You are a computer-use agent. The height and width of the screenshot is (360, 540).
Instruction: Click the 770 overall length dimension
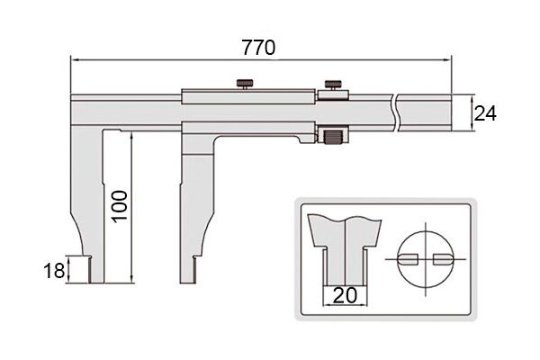click(x=258, y=48)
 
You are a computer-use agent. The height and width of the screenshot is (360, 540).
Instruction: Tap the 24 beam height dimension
click(x=485, y=113)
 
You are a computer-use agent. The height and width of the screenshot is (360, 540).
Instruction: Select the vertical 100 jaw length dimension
click(x=121, y=206)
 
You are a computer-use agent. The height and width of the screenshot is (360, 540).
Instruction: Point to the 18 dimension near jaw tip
click(x=54, y=270)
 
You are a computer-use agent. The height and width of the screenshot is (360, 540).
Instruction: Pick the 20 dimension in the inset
click(x=346, y=295)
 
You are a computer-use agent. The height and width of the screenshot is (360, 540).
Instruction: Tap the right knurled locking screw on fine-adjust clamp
click(x=333, y=85)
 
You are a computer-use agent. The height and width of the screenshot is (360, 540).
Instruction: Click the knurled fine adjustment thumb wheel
click(x=332, y=137)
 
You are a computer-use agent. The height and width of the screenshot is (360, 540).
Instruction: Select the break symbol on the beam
click(x=395, y=113)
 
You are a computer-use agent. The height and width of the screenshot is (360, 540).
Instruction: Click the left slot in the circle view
click(x=408, y=259)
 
